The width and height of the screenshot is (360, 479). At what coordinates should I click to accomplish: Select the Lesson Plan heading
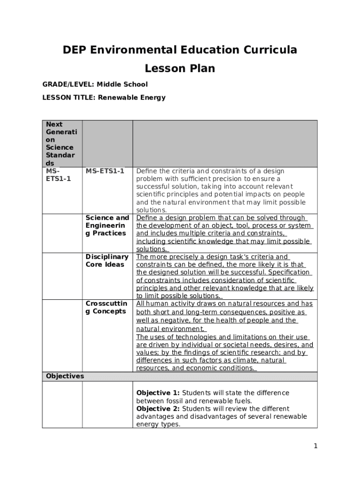tap(180, 69)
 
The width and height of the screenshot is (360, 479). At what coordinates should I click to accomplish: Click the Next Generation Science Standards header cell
tap(61, 144)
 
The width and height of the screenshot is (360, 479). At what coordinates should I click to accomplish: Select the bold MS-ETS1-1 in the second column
tap(105, 171)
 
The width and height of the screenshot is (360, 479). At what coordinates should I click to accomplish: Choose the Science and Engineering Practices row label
tap(107, 225)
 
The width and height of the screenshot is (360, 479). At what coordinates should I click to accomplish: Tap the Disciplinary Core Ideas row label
tap(107, 261)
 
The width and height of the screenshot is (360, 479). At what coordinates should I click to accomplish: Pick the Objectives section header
tap(65, 376)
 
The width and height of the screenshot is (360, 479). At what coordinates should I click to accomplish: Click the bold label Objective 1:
tap(158, 393)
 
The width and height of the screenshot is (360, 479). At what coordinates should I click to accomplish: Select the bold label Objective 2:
tap(158, 409)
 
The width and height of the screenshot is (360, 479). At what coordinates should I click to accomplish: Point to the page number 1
tap(316, 446)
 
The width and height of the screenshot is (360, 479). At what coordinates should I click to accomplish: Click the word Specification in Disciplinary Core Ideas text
tap(288, 272)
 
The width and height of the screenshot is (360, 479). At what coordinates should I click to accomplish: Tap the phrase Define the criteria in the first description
tap(159, 171)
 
